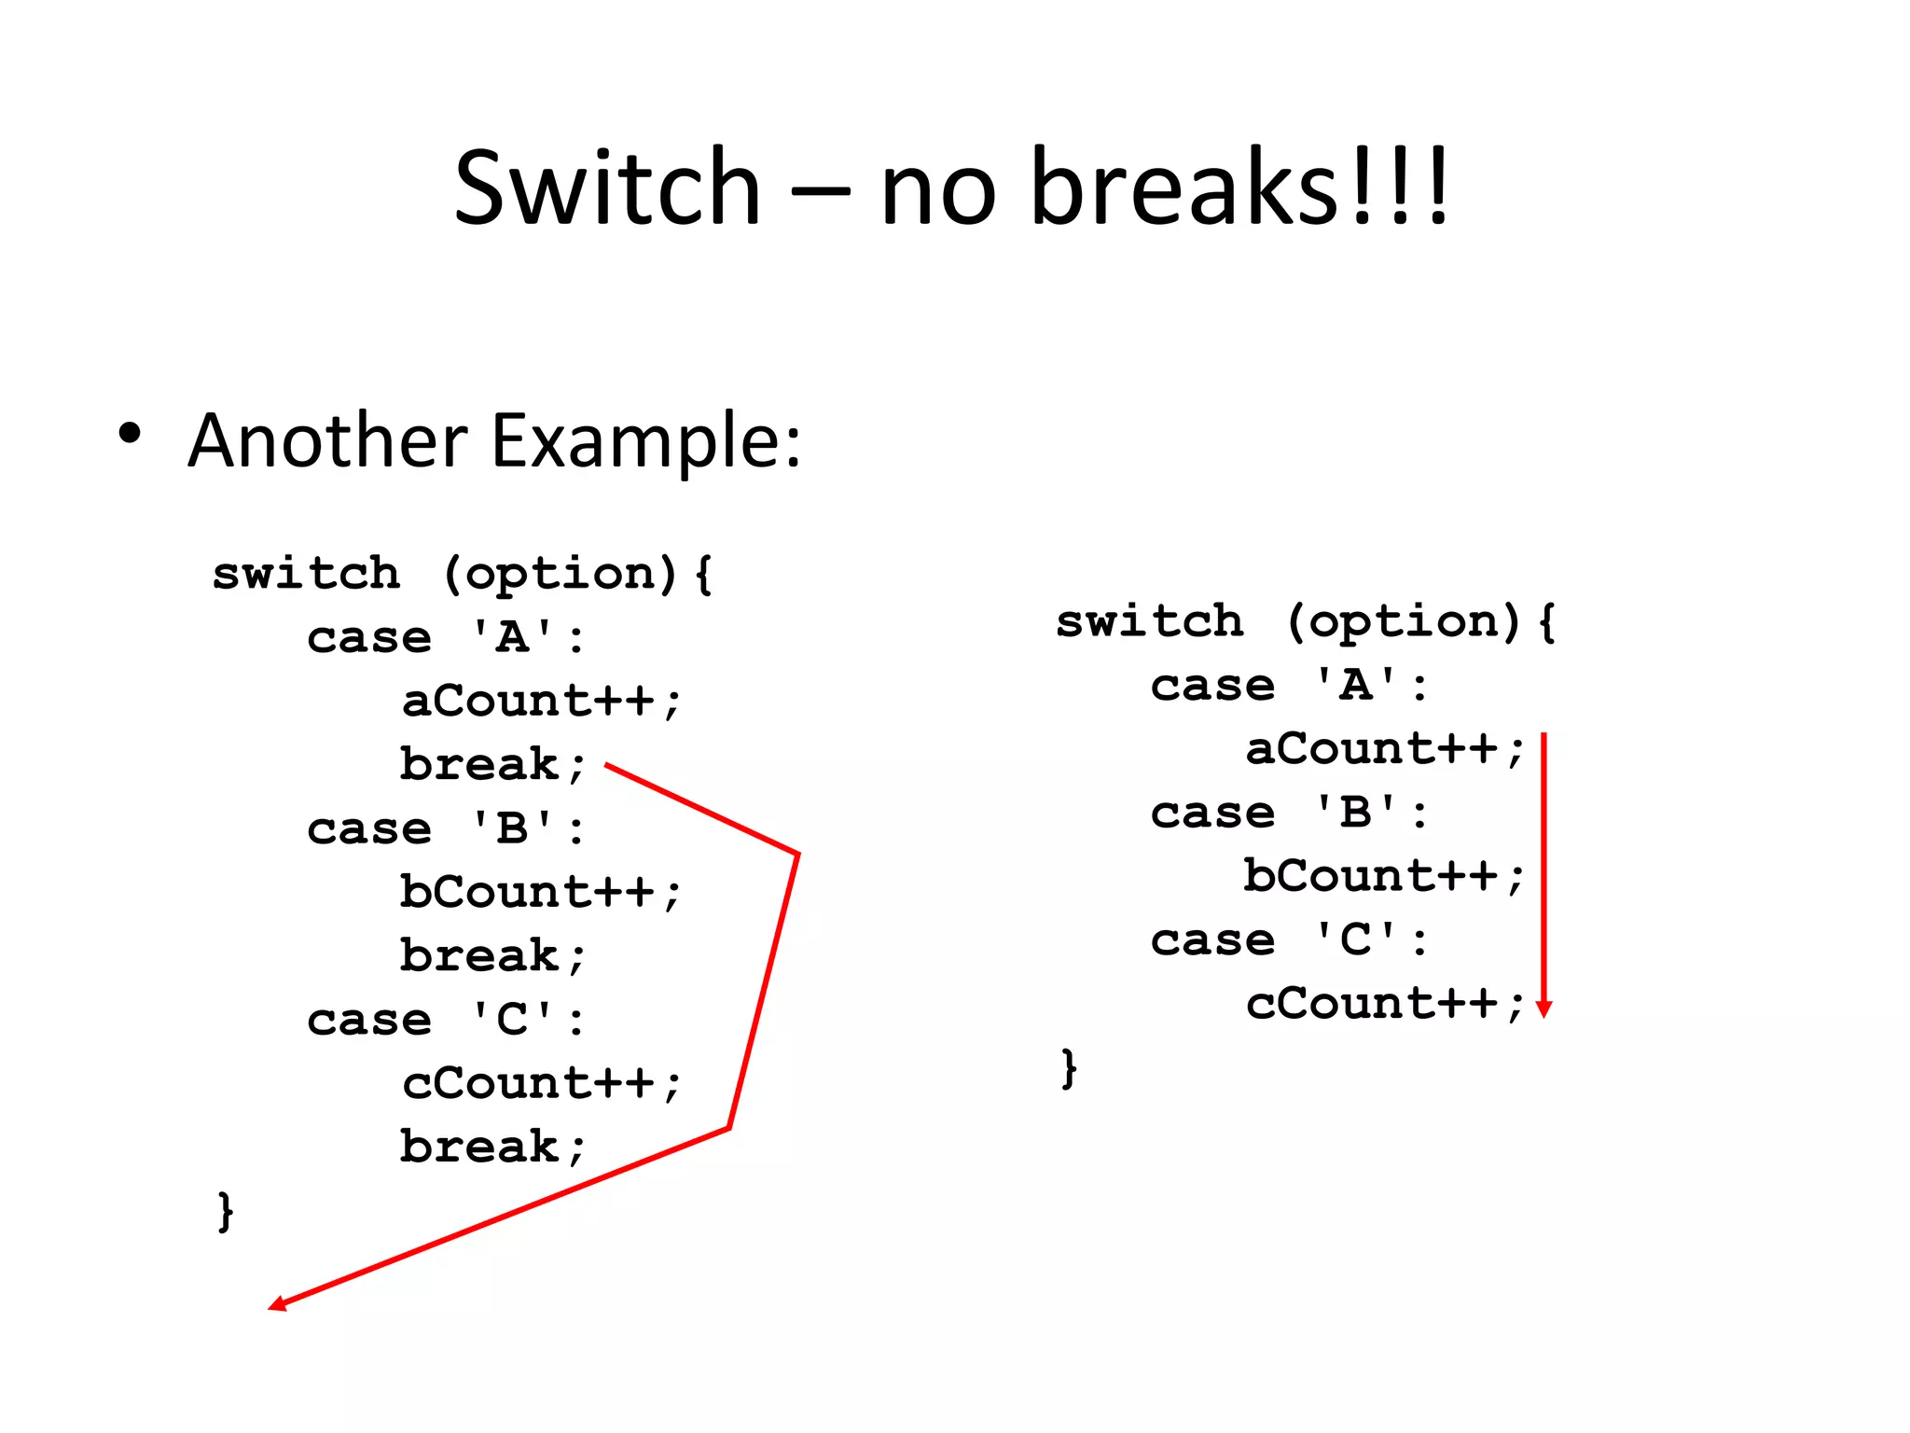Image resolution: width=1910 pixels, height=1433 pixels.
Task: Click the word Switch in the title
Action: (607, 188)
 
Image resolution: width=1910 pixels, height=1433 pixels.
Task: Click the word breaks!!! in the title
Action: (1240, 188)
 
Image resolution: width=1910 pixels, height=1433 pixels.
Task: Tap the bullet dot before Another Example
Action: (130, 434)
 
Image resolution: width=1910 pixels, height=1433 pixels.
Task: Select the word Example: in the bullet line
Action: (645, 440)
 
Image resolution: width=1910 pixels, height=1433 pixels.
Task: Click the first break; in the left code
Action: (492, 765)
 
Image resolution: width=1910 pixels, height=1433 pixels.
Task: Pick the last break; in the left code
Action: (492, 1148)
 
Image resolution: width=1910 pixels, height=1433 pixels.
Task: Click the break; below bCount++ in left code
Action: (492, 956)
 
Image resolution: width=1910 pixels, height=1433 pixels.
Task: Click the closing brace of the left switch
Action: (225, 1211)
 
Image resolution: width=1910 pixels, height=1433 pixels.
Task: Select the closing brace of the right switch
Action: (1069, 1068)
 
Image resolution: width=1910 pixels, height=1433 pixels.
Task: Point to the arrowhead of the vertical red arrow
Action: (1543, 1009)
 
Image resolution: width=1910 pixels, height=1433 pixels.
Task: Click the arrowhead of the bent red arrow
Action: (278, 1303)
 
